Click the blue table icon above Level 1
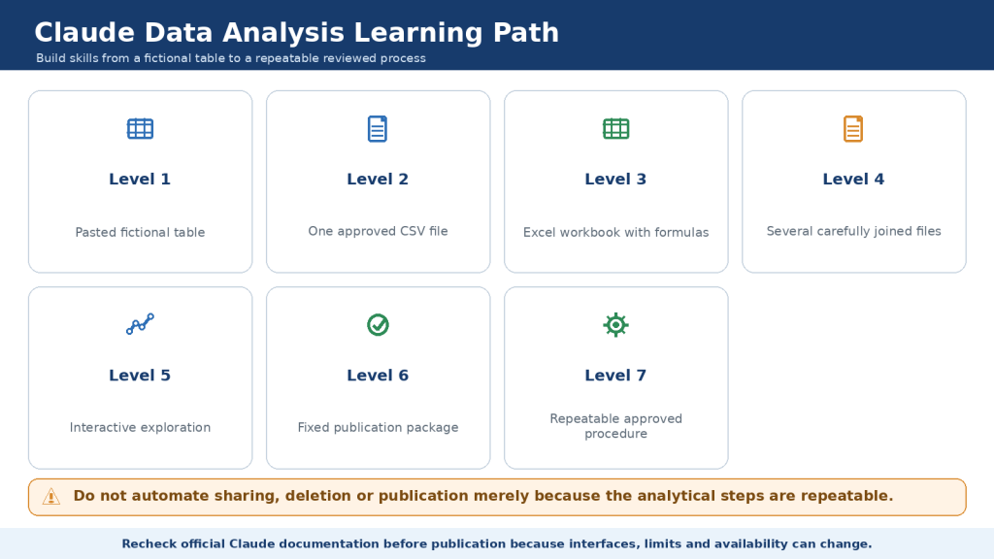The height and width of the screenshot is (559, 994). [140, 129]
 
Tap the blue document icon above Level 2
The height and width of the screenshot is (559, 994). [378, 129]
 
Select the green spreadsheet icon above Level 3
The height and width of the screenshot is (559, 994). [615, 129]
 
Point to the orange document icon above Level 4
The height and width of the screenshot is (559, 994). [853, 129]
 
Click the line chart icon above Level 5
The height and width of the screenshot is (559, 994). [140, 324]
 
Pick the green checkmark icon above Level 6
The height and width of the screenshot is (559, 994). [378, 324]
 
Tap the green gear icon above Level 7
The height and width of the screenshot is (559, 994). [615, 324]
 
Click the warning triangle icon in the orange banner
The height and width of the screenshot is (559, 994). [51, 497]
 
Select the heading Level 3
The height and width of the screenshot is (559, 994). [615, 180]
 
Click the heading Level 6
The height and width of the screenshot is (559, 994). [378, 376]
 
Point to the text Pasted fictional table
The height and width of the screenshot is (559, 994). [140, 232]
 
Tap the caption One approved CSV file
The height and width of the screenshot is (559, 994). [378, 231]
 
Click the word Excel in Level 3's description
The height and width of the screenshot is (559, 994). [539, 232]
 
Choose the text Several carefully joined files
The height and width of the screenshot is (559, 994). [854, 231]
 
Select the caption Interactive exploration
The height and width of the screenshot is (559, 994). [140, 427]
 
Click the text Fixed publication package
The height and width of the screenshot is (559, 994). [378, 427]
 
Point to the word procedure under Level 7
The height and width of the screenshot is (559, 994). [615, 434]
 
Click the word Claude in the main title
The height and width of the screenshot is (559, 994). [84, 32]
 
